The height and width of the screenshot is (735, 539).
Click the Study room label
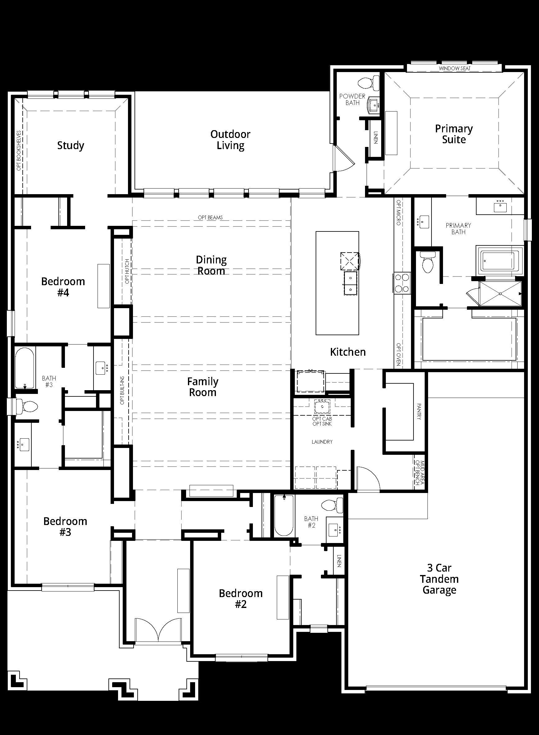(71, 145)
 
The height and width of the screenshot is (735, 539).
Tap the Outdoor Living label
(230, 139)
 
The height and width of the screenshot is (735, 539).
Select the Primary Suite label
(454, 134)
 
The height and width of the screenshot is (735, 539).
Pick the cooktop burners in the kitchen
(402, 283)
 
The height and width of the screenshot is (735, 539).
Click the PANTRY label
(419, 411)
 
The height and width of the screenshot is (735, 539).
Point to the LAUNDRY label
(322, 442)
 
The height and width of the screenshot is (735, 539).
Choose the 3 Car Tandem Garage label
(439, 579)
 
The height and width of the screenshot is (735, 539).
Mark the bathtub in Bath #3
(25, 368)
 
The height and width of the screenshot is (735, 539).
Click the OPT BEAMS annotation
(210, 217)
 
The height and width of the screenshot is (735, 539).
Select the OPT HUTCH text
(127, 271)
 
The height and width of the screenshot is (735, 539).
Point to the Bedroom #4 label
(63, 287)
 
